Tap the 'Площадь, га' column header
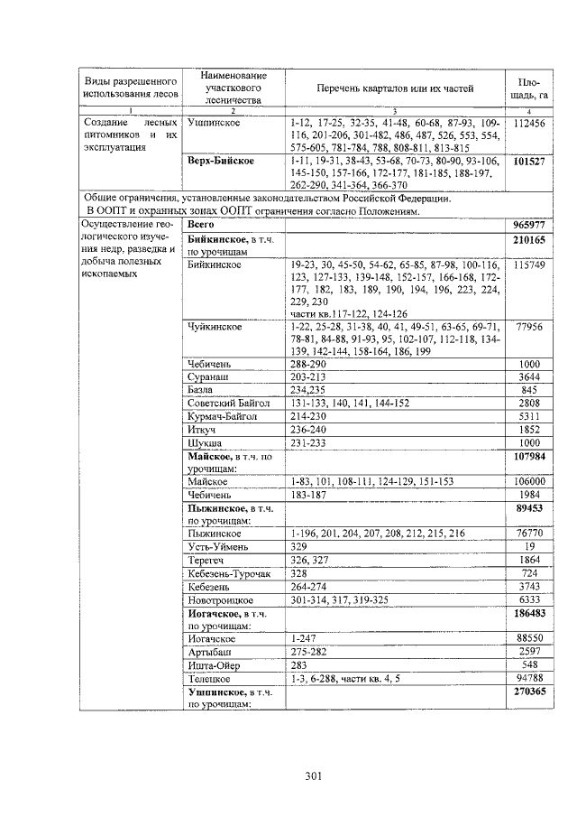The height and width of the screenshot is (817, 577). (529, 88)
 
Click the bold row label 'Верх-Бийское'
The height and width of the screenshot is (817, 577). (220, 161)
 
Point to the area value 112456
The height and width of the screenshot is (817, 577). (528, 122)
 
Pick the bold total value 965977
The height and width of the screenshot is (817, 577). (529, 223)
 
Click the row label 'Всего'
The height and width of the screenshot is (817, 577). (200, 223)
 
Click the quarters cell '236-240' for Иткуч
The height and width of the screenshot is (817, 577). (311, 431)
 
